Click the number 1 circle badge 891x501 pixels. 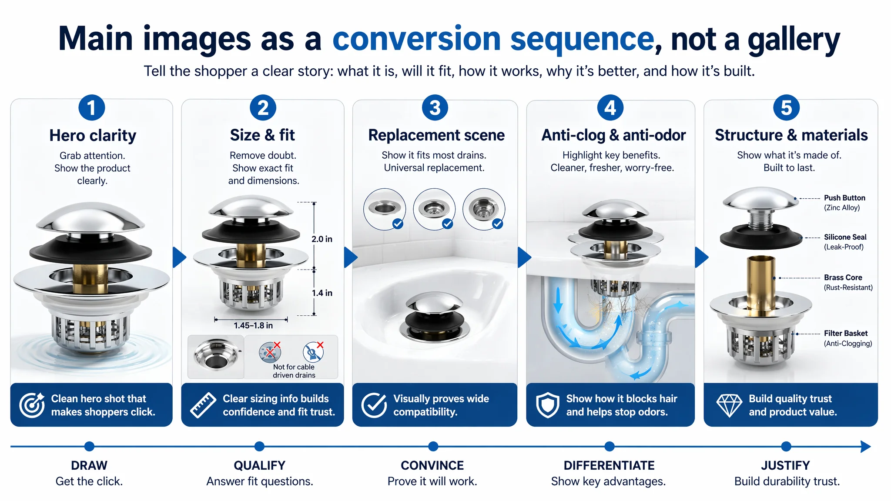click(x=91, y=108)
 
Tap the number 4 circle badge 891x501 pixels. click(x=610, y=108)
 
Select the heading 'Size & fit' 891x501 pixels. click(x=262, y=135)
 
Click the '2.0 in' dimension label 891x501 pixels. click(x=322, y=239)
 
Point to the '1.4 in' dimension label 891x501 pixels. click(x=322, y=293)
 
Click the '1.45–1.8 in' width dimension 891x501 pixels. click(x=253, y=325)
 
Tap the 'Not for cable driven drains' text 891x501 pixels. click(x=294, y=371)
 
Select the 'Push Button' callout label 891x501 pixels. click(x=844, y=198)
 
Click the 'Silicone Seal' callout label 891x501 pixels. click(x=845, y=237)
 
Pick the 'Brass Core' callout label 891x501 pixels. click(x=843, y=277)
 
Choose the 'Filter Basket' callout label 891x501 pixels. click(x=846, y=333)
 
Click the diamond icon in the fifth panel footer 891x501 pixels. click(x=729, y=405)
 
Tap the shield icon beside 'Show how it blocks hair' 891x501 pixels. click(x=547, y=405)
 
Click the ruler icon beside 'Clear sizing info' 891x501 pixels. click(x=203, y=405)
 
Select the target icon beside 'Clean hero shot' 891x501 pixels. click(x=32, y=405)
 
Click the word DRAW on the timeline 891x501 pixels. click(x=89, y=465)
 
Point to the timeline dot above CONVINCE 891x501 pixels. click(x=433, y=446)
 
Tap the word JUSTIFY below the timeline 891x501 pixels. click(x=785, y=465)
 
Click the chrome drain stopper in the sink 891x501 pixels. click(x=435, y=316)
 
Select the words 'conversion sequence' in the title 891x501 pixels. click(x=493, y=39)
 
